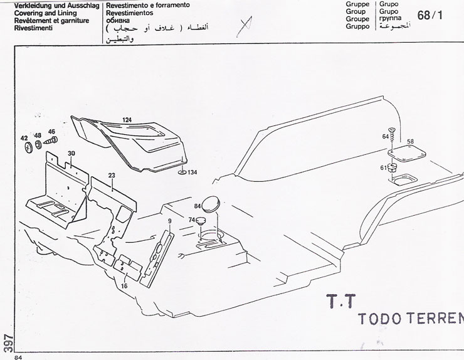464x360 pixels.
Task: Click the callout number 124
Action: click(x=127, y=119)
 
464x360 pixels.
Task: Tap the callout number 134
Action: click(x=191, y=172)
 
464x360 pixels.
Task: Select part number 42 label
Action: click(x=24, y=137)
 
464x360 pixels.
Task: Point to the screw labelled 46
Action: click(x=50, y=144)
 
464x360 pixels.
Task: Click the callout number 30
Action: click(x=71, y=154)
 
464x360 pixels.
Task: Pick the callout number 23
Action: click(x=112, y=176)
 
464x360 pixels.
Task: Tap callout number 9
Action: click(x=169, y=221)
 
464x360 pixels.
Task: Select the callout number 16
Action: click(x=124, y=285)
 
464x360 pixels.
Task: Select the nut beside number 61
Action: click(x=393, y=169)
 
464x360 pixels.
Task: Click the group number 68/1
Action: click(x=430, y=15)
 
